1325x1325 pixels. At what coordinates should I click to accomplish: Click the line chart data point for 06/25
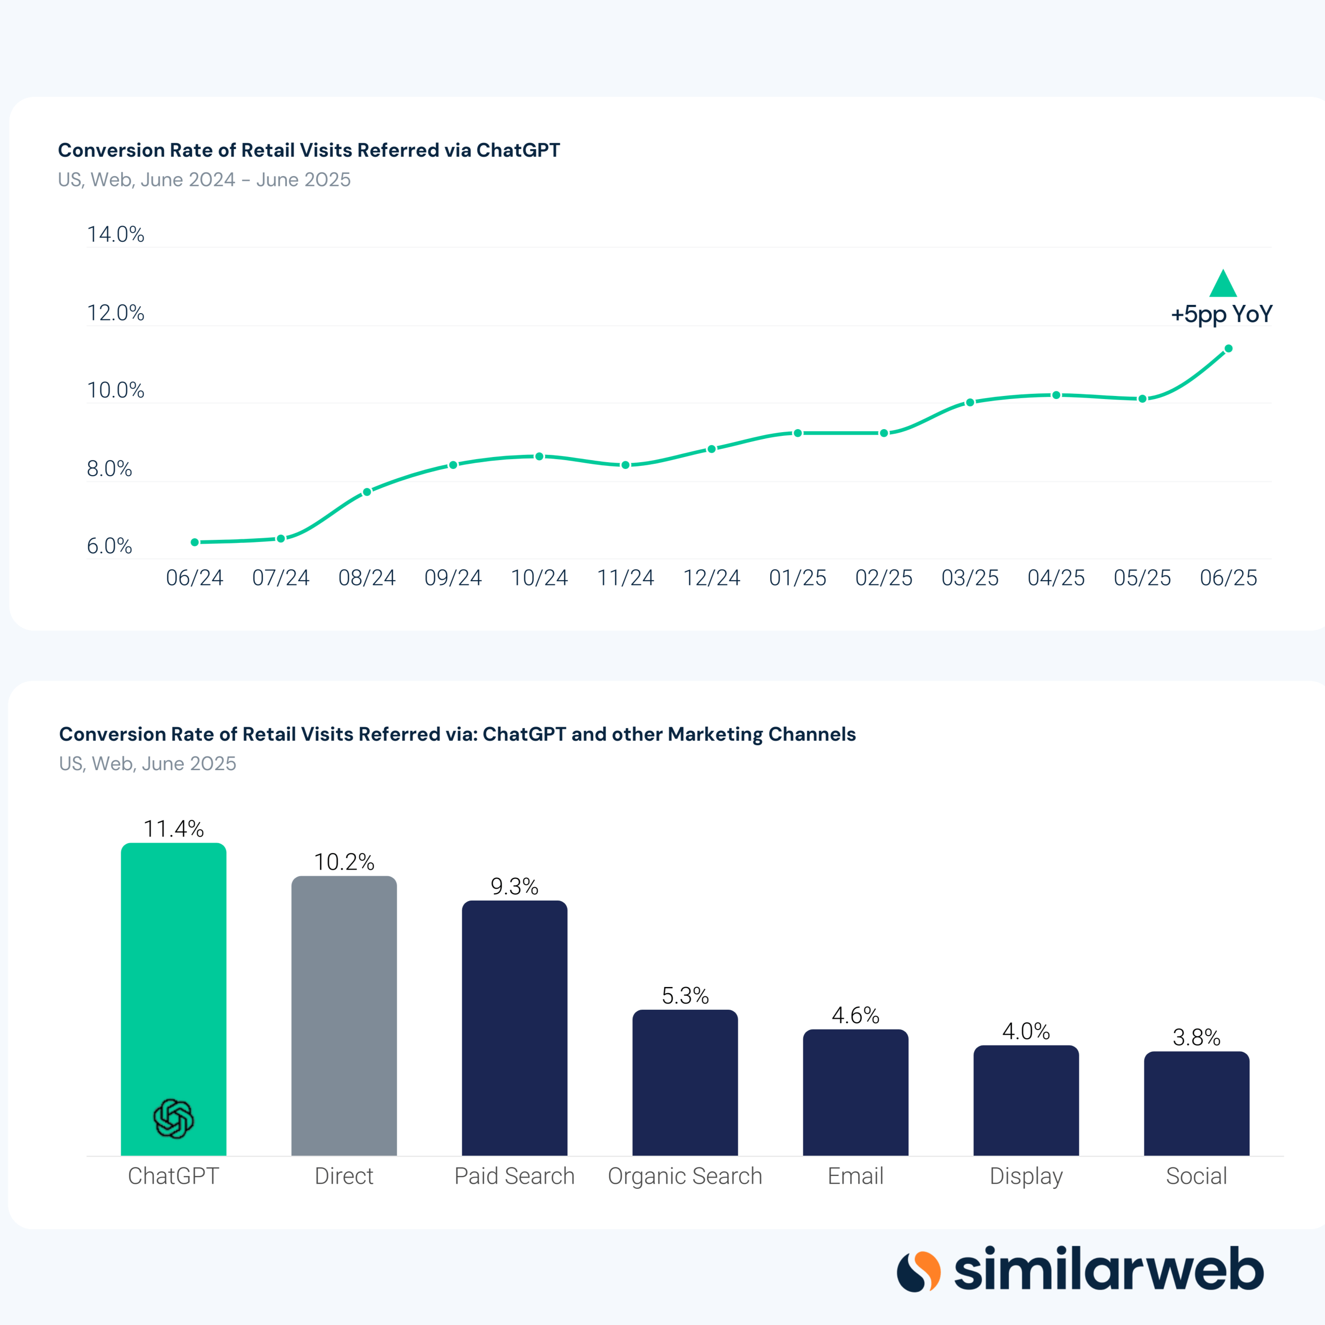1228,348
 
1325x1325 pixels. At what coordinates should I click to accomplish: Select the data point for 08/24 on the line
367,492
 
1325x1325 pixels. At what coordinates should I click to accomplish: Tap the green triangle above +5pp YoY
1223,285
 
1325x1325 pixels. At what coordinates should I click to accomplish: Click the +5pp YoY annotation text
1221,314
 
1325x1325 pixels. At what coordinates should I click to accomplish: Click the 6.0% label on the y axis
109,546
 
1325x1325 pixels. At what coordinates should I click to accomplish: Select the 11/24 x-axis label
625,578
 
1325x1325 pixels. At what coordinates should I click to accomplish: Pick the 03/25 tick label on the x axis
970,578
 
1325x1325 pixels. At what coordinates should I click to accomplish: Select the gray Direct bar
344,1015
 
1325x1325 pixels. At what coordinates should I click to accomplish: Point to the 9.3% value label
514,887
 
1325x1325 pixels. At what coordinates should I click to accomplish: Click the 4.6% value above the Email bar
855,1015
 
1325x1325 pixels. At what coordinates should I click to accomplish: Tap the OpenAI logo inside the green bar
173,1118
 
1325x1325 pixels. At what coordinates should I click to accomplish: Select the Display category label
1026,1176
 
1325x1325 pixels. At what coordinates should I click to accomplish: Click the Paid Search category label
514,1176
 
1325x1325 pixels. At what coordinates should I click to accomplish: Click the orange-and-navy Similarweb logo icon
918,1271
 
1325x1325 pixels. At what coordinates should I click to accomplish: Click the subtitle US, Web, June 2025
148,763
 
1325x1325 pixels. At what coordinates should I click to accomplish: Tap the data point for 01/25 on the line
798,433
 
